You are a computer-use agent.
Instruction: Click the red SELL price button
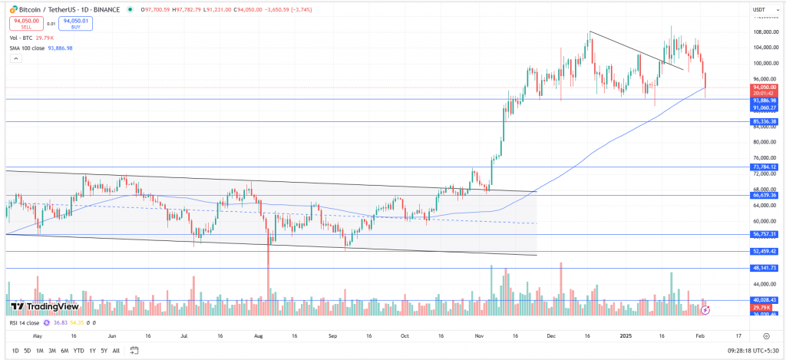[21, 23]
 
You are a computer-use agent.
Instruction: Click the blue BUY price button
[75, 23]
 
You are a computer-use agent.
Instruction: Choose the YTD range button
[79, 351]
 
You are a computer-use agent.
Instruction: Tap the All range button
[116, 351]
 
